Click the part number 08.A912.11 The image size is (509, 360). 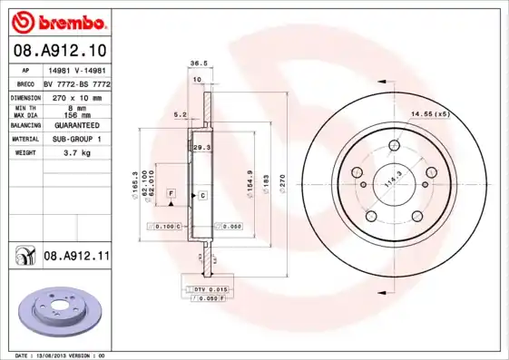pos(76,257)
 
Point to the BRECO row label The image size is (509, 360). pos(25,83)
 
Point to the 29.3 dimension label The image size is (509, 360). pos(201,146)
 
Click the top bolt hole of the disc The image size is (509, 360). pos(394,144)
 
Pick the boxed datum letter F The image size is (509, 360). pos(170,194)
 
